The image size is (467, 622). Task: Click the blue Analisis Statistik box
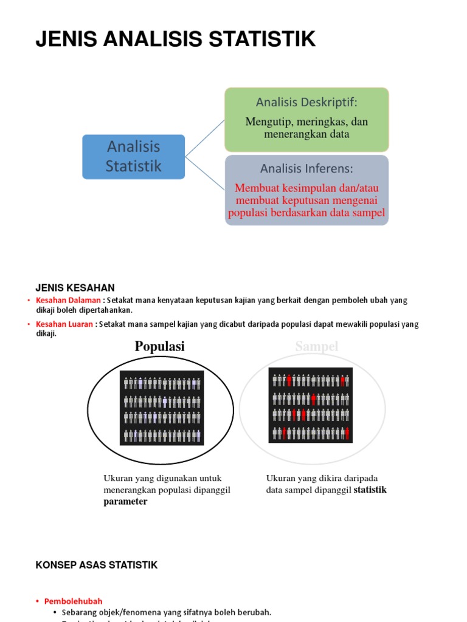[133, 157]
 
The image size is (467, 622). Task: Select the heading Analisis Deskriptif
[306, 101]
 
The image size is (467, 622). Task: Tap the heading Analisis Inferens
[306, 168]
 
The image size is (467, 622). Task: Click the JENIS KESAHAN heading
[75, 288]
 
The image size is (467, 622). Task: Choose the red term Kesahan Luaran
[64, 324]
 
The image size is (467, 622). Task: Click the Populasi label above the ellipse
[159, 346]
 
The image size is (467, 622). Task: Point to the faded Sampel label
[316, 346]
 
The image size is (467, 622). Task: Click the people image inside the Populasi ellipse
[161, 408]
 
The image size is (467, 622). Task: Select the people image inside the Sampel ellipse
[310, 405]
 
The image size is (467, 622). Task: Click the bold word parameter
[125, 502]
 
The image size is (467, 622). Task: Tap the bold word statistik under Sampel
[370, 490]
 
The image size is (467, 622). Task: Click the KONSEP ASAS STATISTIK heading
[97, 565]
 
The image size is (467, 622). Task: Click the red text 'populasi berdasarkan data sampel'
[306, 213]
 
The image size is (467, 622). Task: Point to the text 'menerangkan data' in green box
[306, 134]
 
